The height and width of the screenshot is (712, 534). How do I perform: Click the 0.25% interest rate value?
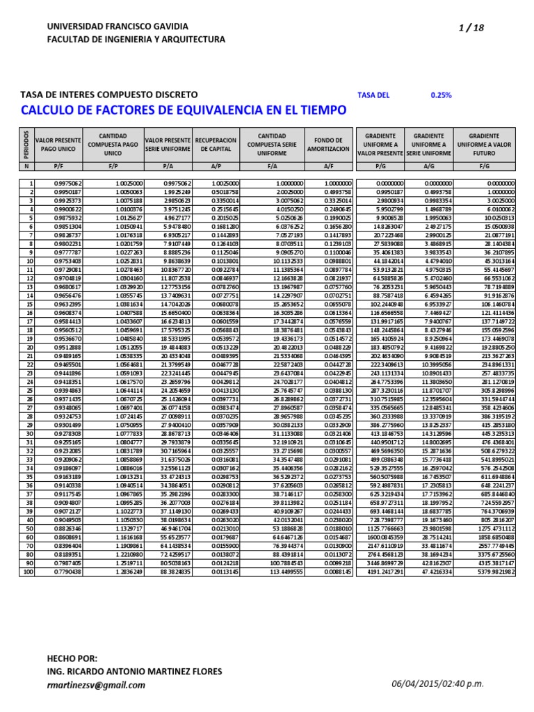441,95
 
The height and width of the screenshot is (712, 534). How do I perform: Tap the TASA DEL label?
373,95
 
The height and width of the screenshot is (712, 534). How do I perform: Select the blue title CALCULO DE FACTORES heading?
184,110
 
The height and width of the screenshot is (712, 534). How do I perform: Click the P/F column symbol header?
58,166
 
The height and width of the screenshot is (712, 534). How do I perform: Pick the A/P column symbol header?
216,166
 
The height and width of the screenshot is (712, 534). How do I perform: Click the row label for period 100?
29,572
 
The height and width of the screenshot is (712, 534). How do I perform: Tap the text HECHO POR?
72,658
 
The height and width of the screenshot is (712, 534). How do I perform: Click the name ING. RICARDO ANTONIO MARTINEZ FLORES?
134,671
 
